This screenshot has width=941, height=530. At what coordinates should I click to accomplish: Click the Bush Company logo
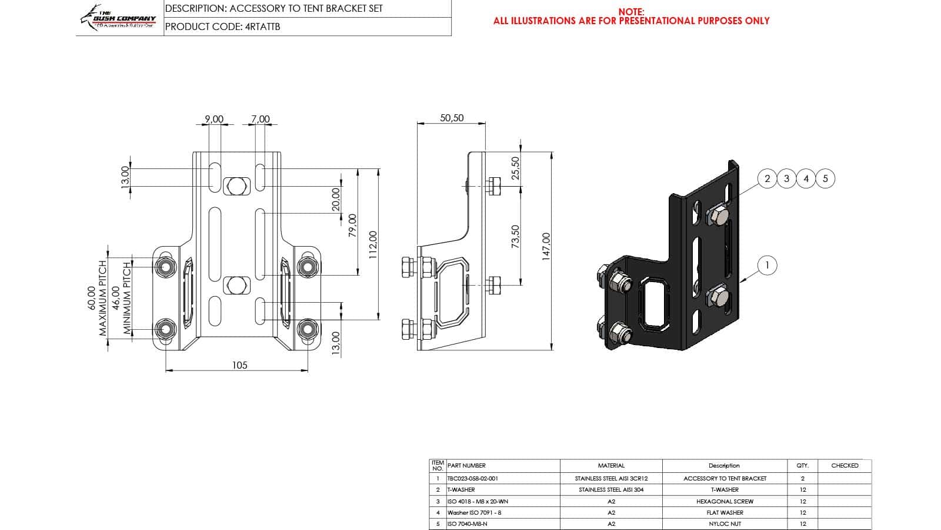(x=118, y=18)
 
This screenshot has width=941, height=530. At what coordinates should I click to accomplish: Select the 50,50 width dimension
(x=452, y=118)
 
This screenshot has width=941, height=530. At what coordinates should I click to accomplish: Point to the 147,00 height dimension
(x=546, y=246)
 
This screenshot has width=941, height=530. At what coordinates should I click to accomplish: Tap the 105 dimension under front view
(x=239, y=365)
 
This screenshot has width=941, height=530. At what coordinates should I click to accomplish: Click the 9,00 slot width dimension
(x=214, y=119)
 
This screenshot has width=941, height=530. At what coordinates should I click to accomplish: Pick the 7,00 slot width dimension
(x=260, y=119)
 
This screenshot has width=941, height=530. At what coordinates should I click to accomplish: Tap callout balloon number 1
(x=766, y=266)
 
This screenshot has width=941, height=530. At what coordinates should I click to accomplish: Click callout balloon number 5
(x=825, y=178)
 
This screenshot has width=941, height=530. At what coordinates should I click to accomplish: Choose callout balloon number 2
(x=767, y=178)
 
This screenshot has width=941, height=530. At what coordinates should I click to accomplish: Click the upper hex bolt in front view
(x=236, y=185)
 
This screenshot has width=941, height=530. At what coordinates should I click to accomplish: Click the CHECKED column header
(x=845, y=465)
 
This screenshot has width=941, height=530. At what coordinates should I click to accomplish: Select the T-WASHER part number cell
(x=461, y=489)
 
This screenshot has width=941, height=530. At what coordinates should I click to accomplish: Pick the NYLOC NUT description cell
(x=725, y=524)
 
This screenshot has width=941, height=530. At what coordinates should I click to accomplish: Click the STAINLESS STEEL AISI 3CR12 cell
(x=611, y=478)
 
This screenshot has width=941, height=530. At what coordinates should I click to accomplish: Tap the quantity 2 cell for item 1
(x=802, y=478)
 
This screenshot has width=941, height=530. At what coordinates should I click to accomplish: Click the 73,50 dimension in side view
(x=516, y=236)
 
